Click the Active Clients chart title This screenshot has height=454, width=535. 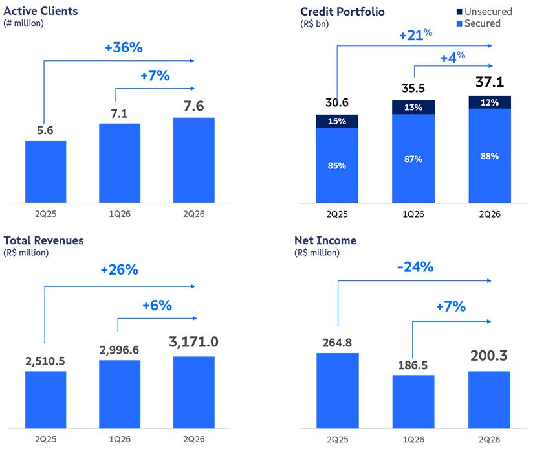(x=41, y=11)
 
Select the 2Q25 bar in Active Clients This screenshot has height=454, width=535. (x=46, y=172)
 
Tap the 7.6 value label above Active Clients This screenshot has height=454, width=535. (x=194, y=106)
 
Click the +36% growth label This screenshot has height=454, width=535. (x=124, y=47)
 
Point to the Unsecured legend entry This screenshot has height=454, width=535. (x=485, y=12)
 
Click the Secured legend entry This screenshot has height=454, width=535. (x=479, y=23)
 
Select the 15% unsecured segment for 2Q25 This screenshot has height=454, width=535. (x=337, y=121)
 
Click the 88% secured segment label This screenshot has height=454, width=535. (x=490, y=157)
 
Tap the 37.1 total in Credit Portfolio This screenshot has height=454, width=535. (x=490, y=82)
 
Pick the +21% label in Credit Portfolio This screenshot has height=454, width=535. (x=415, y=34)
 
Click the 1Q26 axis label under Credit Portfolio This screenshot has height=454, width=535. (x=413, y=214)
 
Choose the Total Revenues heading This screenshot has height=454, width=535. (x=44, y=240)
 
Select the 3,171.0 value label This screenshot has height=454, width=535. (x=194, y=342)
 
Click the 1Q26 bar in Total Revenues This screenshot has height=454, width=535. (x=120, y=394)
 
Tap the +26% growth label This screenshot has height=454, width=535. (x=120, y=270)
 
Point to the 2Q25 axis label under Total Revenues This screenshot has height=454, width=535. (x=46, y=439)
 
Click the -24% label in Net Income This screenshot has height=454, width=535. (x=415, y=267)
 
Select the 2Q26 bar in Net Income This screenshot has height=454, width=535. (x=489, y=400)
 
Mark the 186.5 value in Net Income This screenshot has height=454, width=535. (x=413, y=365)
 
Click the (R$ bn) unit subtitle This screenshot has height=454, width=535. (x=314, y=24)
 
